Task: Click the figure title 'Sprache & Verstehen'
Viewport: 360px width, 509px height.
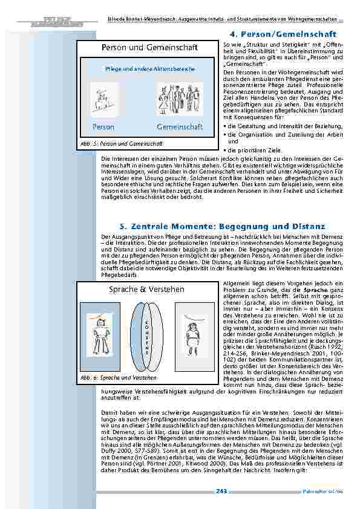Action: click(146, 290)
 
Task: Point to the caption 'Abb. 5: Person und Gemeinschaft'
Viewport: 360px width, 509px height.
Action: click(122, 143)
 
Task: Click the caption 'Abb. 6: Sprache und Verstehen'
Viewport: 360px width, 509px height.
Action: click(119, 377)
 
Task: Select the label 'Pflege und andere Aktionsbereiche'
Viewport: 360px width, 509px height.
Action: click(150, 70)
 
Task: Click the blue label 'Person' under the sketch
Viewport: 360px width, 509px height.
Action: click(103, 128)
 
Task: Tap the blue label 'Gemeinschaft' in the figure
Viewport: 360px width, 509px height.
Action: click(180, 128)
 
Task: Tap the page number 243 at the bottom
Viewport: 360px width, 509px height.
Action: click(221, 491)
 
